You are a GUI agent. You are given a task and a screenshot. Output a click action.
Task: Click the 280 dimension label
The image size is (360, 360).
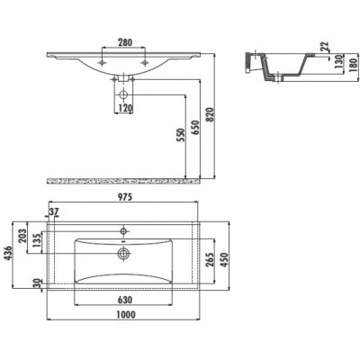pyautogui.click(x=124, y=42)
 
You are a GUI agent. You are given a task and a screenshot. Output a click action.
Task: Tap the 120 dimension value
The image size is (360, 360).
pyautogui.click(x=125, y=108)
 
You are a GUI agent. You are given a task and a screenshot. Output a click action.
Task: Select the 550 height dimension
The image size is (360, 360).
pyautogui.click(x=181, y=136)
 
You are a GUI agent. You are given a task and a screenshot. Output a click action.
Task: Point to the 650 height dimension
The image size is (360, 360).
pyautogui.click(x=195, y=128)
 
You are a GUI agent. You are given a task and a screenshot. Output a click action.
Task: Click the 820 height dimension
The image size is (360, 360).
pyautogui.click(x=211, y=114)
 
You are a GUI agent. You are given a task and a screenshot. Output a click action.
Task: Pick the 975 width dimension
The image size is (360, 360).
pyautogui.click(x=124, y=197)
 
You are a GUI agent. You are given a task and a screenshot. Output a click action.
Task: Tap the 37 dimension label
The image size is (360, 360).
pyautogui.click(x=54, y=211)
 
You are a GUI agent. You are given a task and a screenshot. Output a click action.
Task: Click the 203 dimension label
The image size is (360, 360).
pyautogui.click(x=22, y=237)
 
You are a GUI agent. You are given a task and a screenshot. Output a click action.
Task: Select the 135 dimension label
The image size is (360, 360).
pyautogui.click(x=37, y=240)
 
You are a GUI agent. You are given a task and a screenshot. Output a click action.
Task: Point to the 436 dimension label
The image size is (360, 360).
pyautogui.click(x=8, y=254)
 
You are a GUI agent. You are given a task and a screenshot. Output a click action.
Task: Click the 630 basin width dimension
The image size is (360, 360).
pyautogui.click(x=124, y=300)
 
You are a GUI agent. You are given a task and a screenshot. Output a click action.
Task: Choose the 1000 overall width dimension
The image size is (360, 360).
pyautogui.click(x=126, y=314)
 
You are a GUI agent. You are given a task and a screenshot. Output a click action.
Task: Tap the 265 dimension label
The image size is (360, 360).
pyautogui.click(x=210, y=259)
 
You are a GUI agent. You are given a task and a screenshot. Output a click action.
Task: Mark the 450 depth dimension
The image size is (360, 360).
pyautogui.click(x=225, y=259)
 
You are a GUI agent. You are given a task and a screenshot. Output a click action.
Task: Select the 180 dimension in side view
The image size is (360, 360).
pyautogui.click(x=355, y=65)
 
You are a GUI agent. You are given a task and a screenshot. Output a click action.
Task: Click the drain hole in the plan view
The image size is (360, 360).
pyautogui.click(x=123, y=254)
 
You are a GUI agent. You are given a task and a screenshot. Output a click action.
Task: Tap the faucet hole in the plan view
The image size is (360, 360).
pyautogui.click(x=123, y=231)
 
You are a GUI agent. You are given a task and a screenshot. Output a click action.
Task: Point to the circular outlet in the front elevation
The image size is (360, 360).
pyautogui.click(x=123, y=94)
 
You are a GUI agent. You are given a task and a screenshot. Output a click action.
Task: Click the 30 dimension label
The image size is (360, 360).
pyautogui.click(x=37, y=283)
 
